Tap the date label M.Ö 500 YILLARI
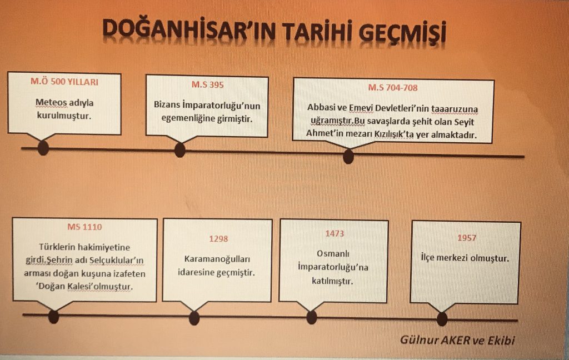(64, 82)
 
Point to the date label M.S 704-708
(393, 87)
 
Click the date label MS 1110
(84, 227)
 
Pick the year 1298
(218, 239)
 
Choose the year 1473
(335, 234)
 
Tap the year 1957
(466, 238)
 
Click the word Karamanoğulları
(218, 259)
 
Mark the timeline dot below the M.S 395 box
(179, 150)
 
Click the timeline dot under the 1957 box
(442, 319)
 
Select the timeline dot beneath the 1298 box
(194, 318)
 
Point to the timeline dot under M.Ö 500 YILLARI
(43, 148)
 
